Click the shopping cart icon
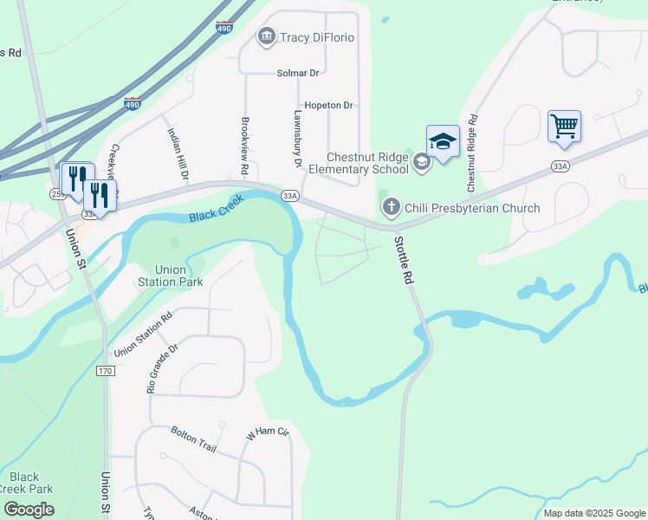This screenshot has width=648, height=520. click(x=564, y=127)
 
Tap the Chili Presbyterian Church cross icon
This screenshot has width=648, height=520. click(x=391, y=208)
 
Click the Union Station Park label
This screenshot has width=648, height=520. click(x=170, y=276)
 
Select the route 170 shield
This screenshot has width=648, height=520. click(x=106, y=371)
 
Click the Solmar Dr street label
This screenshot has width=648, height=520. click(x=299, y=73)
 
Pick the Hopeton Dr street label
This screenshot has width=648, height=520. click(x=328, y=106)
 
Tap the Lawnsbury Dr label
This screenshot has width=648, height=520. click(x=297, y=138)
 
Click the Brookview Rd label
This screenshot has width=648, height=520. click(x=245, y=143)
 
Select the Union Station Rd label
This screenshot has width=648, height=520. click(x=143, y=328)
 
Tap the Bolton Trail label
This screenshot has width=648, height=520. click(x=192, y=432)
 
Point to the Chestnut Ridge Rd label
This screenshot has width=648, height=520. click(x=472, y=153)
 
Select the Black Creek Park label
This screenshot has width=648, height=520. click(x=24, y=483)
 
